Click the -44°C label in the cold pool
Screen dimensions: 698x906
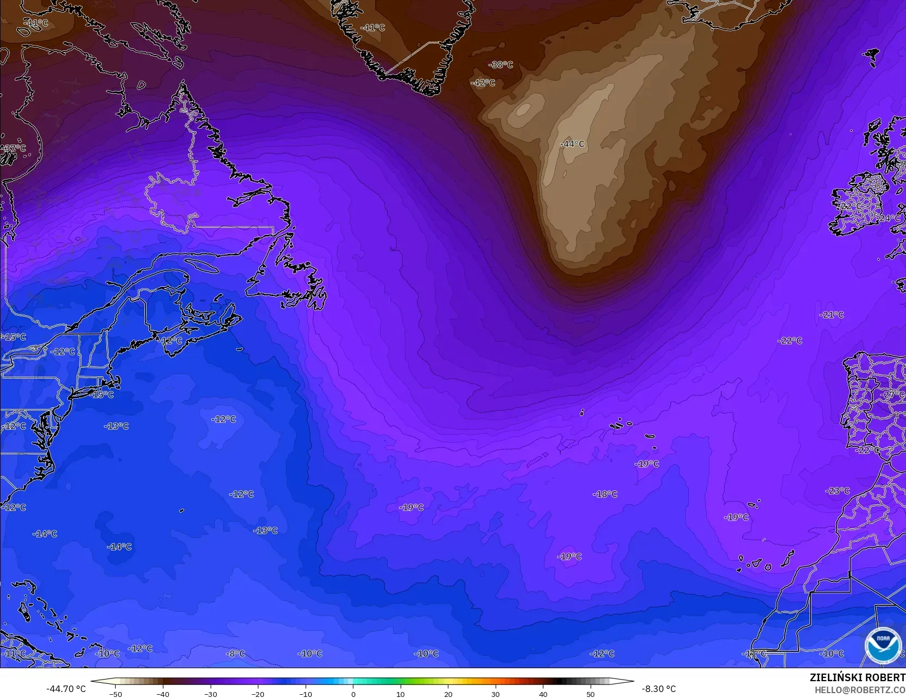coord(572,144)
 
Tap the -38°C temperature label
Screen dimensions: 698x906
coord(500,65)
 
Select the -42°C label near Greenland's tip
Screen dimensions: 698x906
coord(483,83)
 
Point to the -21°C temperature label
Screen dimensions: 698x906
coord(832,315)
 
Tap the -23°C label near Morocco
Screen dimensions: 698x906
coord(838,491)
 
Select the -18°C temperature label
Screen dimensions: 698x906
coord(605,494)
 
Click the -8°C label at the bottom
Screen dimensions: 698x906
coord(236,654)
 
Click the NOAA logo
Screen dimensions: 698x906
coord(883,645)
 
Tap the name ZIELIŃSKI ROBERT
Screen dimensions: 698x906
coord(857,677)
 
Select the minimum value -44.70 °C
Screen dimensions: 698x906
coord(66,689)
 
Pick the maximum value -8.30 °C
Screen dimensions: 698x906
coord(658,689)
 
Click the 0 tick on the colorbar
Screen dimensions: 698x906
coord(353,694)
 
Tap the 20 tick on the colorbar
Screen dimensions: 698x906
coord(448,694)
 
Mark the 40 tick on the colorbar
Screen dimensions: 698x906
coord(543,694)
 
